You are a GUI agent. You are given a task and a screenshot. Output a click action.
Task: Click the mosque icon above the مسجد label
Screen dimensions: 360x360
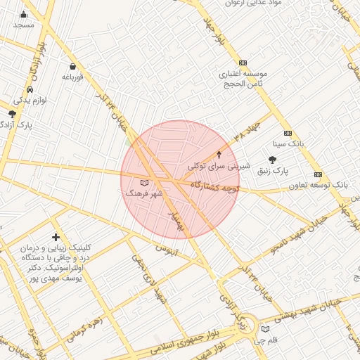tap(23, 14)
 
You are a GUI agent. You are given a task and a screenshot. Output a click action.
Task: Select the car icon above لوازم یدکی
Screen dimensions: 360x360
tap(30, 90)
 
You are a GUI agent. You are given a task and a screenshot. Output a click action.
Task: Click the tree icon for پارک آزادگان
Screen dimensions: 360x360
tap(12, 113)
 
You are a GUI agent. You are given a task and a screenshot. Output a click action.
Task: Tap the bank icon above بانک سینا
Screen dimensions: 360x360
tap(288, 133)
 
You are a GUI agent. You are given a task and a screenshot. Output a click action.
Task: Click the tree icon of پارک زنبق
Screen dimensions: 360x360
tap(272, 160)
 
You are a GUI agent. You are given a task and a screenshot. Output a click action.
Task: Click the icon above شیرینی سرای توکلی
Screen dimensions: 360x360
tap(219, 154)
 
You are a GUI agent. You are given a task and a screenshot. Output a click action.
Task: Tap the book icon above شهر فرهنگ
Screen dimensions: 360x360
tap(145, 183)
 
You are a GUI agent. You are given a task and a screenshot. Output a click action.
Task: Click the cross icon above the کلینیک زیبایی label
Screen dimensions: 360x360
tap(56, 238)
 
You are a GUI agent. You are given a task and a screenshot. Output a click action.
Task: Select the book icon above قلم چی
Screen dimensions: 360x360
tap(264, 328)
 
